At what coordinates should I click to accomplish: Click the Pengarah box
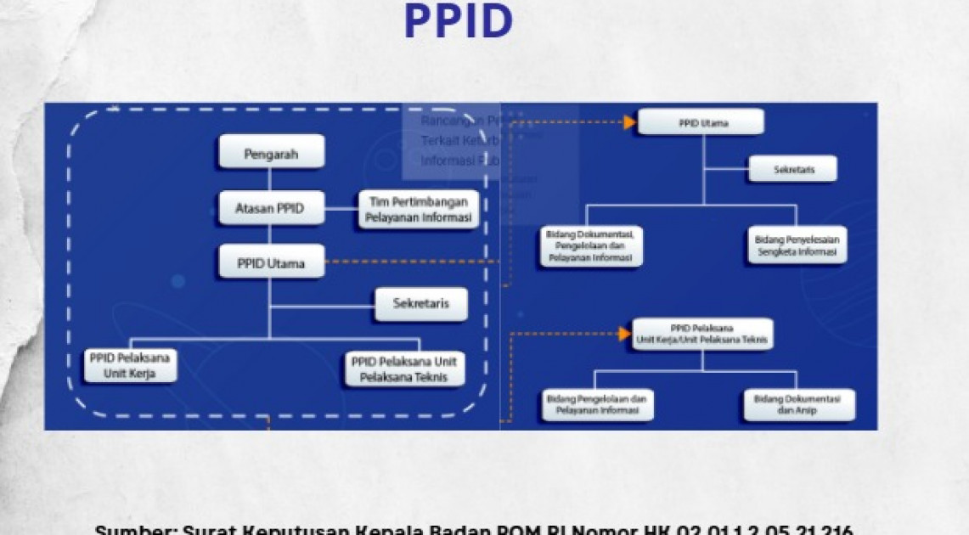(271, 155)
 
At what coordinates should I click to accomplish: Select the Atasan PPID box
(271, 208)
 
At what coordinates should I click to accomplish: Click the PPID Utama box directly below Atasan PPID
(271, 262)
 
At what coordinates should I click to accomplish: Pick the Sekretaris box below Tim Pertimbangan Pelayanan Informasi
(420, 303)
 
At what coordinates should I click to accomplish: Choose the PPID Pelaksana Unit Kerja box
(130, 364)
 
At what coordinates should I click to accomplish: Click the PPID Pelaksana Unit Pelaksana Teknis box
(404, 369)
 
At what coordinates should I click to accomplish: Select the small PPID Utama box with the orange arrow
(700, 122)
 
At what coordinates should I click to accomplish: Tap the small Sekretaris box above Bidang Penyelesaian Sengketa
(792, 169)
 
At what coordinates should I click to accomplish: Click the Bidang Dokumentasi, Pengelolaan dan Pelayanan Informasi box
(591, 245)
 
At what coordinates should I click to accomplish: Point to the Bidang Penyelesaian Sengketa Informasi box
(796, 245)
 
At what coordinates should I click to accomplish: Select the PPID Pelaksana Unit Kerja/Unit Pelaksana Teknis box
(701, 334)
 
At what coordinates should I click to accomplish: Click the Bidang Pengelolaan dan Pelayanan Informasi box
(596, 403)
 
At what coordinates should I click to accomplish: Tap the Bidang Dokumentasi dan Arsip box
(798, 404)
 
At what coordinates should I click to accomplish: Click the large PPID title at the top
(458, 21)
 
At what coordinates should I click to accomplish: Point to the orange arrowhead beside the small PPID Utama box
(629, 122)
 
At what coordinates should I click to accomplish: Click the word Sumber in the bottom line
(134, 529)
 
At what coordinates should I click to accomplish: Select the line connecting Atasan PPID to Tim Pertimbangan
(341, 207)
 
